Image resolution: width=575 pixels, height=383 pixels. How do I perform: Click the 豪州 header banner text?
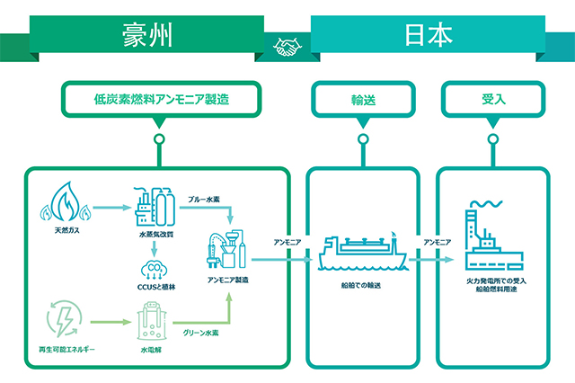click(146, 36)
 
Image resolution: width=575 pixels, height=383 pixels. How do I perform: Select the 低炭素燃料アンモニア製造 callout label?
click(160, 99)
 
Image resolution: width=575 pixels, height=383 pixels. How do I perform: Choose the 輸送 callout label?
click(363, 99)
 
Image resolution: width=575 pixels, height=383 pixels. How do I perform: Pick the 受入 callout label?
click(491, 99)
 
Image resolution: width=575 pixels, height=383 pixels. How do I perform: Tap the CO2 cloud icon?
click(154, 267)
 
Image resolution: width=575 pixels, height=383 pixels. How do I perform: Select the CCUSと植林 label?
click(154, 289)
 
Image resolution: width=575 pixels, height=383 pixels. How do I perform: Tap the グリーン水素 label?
click(203, 334)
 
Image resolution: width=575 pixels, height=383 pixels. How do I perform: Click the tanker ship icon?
click(363, 253)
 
